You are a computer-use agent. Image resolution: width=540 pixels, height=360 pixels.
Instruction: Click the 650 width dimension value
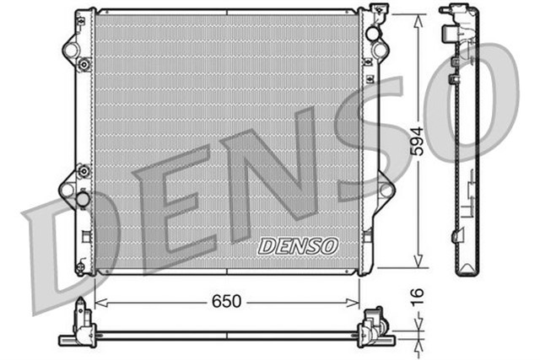(227, 301)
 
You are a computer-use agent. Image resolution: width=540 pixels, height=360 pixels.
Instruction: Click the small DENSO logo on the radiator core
(297, 245)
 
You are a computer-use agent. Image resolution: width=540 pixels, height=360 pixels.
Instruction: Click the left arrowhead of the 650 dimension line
(97, 301)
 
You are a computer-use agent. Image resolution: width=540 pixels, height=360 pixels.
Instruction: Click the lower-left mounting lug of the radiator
(67, 189)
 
